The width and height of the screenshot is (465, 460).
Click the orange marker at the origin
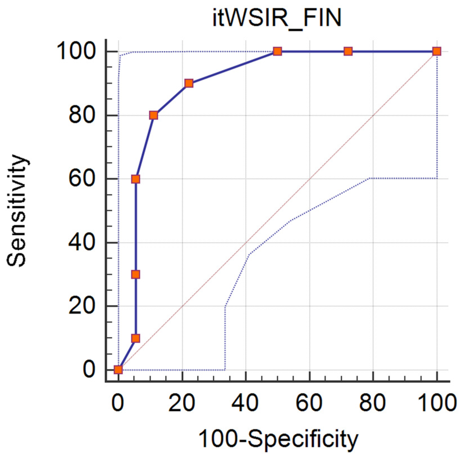118,370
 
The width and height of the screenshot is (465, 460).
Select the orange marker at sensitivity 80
154,115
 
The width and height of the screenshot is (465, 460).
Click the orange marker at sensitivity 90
189,83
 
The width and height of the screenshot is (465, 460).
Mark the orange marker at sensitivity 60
136,179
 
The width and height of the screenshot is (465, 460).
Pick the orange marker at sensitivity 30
136,274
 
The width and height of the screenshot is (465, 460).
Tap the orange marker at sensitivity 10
136,338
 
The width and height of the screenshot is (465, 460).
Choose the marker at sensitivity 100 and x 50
277,51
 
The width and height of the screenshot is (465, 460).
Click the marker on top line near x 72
348,51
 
